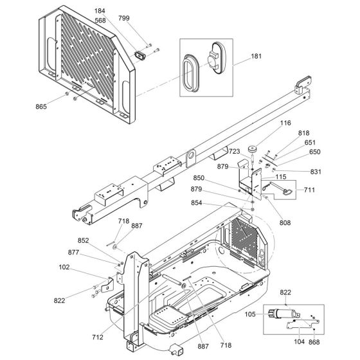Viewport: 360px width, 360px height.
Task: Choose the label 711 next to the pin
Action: point(310,190)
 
